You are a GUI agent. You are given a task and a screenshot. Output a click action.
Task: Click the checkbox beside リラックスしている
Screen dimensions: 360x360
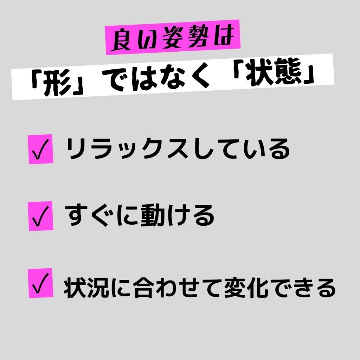[41, 149]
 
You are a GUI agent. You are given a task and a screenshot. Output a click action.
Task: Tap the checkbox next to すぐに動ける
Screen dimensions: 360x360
[41, 216]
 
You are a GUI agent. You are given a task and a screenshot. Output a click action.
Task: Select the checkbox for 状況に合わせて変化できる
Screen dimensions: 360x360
[41, 283]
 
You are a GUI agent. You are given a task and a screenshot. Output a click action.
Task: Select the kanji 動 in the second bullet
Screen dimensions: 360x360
[152, 216]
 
